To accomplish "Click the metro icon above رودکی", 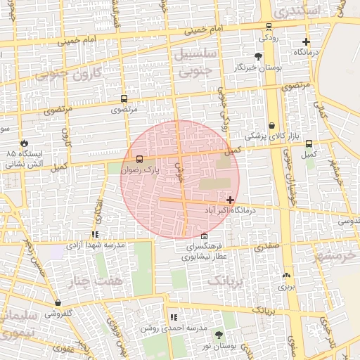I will click(x=268, y=27).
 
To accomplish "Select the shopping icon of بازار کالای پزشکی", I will click(x=271, y=125).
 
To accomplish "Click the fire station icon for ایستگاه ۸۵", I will click(x=25, y=142).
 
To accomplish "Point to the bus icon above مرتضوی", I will click(x=124, y=99).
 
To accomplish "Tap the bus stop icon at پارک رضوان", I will click(x=139, y=160).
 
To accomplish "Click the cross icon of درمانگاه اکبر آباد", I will click(x=230, y=200).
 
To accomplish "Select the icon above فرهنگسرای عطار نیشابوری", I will click(x=204, y=236).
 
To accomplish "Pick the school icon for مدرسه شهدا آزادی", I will click(x=95, y=235).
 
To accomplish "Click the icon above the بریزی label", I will click(x=286, y=275).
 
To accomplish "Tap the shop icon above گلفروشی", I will click(x=58, y=302).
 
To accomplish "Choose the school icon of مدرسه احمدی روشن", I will click(x=174, y=318).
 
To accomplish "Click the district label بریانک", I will click(x=225, y=281).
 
